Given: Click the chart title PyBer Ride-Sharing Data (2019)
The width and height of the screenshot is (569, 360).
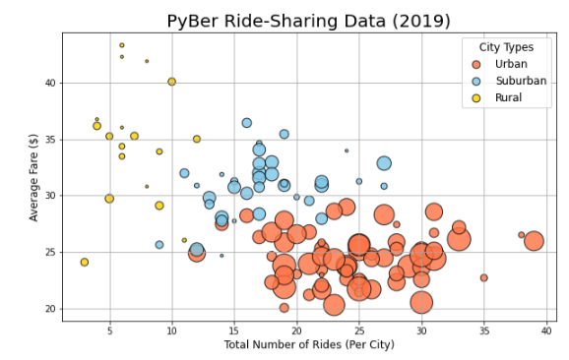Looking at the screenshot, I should tap(308, 21).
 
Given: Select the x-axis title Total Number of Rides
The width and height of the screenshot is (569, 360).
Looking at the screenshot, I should tap(308, 344).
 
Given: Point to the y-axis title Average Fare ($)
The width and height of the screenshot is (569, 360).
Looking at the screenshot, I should tap(34, 178).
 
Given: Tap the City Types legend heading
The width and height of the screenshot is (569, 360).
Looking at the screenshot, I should tap(506, 47).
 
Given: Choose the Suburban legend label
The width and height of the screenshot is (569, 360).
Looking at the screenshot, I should tap(521, 81).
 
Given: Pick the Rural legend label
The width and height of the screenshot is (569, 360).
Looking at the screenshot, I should tap(509, 97).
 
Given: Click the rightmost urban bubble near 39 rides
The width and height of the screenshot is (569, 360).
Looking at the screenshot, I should tap(534, 241).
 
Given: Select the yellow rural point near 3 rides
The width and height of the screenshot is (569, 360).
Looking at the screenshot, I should tap(85, 263).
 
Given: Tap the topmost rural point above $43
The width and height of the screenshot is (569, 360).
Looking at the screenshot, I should tap(122, 45).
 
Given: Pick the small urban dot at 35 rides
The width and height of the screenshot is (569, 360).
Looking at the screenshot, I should tap(483, 277).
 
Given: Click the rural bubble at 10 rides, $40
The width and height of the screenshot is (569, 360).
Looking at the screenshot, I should tap(171, 82).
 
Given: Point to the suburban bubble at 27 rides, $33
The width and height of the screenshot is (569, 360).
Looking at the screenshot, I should tap(384, 163).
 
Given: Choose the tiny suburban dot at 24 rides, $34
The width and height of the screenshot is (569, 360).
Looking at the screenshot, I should tap(347, 150).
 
